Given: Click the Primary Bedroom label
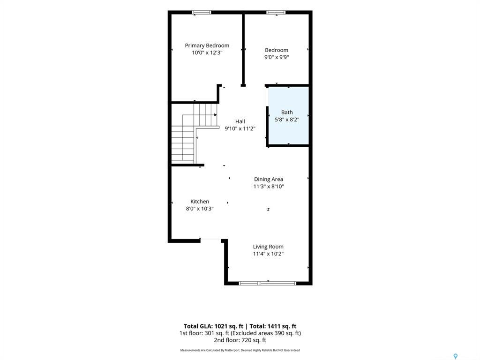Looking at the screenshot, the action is pyautogui.click(x=207, y=45).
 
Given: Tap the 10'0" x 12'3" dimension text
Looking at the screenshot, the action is pyautogui.click(x=207, y=52).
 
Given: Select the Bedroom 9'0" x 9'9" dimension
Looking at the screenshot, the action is pyautogui.click(x=277, y=57).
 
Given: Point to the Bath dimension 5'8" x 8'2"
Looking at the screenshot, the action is pyautogui.click(x=287, y=120).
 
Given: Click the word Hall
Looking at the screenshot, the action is pyautogui.click(x=240, y=121).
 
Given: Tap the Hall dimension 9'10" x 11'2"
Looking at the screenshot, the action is pyautogui.click(x=240, y=128).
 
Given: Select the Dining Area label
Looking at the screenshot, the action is pyautogui.click(x=269, y=180).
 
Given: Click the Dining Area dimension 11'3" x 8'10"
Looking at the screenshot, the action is pyautogui.click(x=269, y=187).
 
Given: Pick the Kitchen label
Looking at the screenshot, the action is pyautogui.click(x=200, y=202).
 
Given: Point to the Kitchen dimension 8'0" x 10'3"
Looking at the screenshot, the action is pyautogui.click(x=200, y=209).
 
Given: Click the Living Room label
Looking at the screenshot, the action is pyautogui.click(x=268, y=247).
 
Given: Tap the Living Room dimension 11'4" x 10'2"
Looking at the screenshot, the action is pyautogui.click(x=268, y=254).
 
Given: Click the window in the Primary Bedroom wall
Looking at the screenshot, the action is pyautogui.click(x=202, y=13).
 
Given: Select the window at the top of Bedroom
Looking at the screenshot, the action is pyautogui.click(x=276, y=13).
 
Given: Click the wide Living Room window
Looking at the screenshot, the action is pyautogui.click(x=268, y=284).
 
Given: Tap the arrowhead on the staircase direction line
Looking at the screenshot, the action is pyautogui.click(x=216, y=115).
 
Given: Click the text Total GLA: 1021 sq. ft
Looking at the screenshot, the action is pyautogui.click(x=213, y=326).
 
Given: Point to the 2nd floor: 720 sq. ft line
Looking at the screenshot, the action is pyautogui.click(x=240, y=340).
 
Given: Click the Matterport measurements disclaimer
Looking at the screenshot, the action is pyautogui.click(x=240, y=350).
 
